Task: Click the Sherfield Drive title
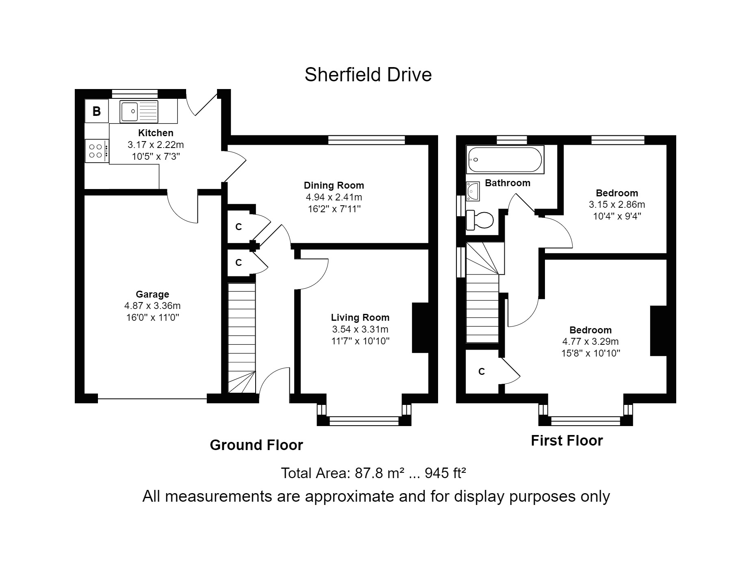pos(368,75)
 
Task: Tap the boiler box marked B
pos(96,111)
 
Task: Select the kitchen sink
pos(139,111)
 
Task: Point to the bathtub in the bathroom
pos(505,160)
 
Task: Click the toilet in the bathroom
pos(480,220)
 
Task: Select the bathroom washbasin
pos(473,191)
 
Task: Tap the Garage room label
pos(152,294)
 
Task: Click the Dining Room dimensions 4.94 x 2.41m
pos(334,197)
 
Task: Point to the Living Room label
pos(360,318)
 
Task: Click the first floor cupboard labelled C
pos(482,372)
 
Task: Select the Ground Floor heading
pos(256,445)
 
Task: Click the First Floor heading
pos(567,441)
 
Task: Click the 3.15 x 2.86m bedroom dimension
pos(617,204)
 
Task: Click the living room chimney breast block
pos(420,327)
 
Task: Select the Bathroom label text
pos(508,183)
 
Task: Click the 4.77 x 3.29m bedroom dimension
pos(590,342)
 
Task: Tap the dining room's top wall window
pos(367,140)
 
